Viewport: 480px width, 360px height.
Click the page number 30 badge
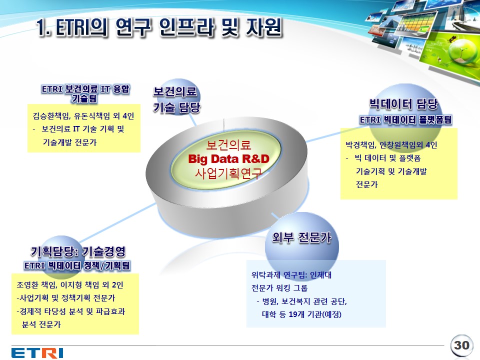point(461,345)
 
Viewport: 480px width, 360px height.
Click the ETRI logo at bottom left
point(37,353)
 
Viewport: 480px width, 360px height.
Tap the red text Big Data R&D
point(228,159)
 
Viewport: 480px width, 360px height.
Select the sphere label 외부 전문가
point(302,237)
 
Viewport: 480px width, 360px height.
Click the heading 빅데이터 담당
point(404,104)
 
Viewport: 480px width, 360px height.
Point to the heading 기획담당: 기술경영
point(78,251)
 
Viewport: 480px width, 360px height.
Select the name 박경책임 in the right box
point(360,145)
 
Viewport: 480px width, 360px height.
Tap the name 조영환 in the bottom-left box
point(27,285)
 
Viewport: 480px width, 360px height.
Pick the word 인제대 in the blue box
point(320,275)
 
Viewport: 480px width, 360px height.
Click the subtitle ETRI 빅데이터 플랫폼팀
point(405,119)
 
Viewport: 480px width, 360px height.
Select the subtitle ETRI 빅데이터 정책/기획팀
point(77,265)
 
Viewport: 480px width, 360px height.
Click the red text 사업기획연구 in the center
point(228,173)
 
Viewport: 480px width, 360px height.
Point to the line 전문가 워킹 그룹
point(279,288)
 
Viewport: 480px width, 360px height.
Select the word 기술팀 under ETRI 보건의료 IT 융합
point(84,98)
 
